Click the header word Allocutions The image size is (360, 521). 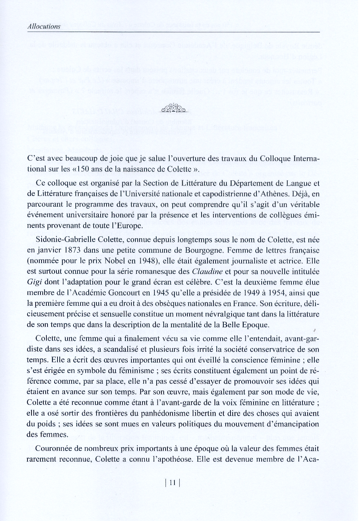44,26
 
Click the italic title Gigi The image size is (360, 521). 34,282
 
